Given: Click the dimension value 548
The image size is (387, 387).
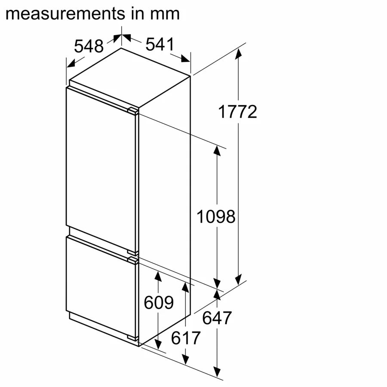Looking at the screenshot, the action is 89,46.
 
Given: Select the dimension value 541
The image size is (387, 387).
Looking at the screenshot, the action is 160,44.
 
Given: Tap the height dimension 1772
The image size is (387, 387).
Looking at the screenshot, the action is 237,112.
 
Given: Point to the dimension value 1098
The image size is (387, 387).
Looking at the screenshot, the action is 216,217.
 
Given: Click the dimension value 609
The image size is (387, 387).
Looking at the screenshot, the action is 159,302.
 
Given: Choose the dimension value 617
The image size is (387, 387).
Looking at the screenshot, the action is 186,338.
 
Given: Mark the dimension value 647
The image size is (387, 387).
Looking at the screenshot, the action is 217,318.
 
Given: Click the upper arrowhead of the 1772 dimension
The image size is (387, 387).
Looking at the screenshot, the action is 238,54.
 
